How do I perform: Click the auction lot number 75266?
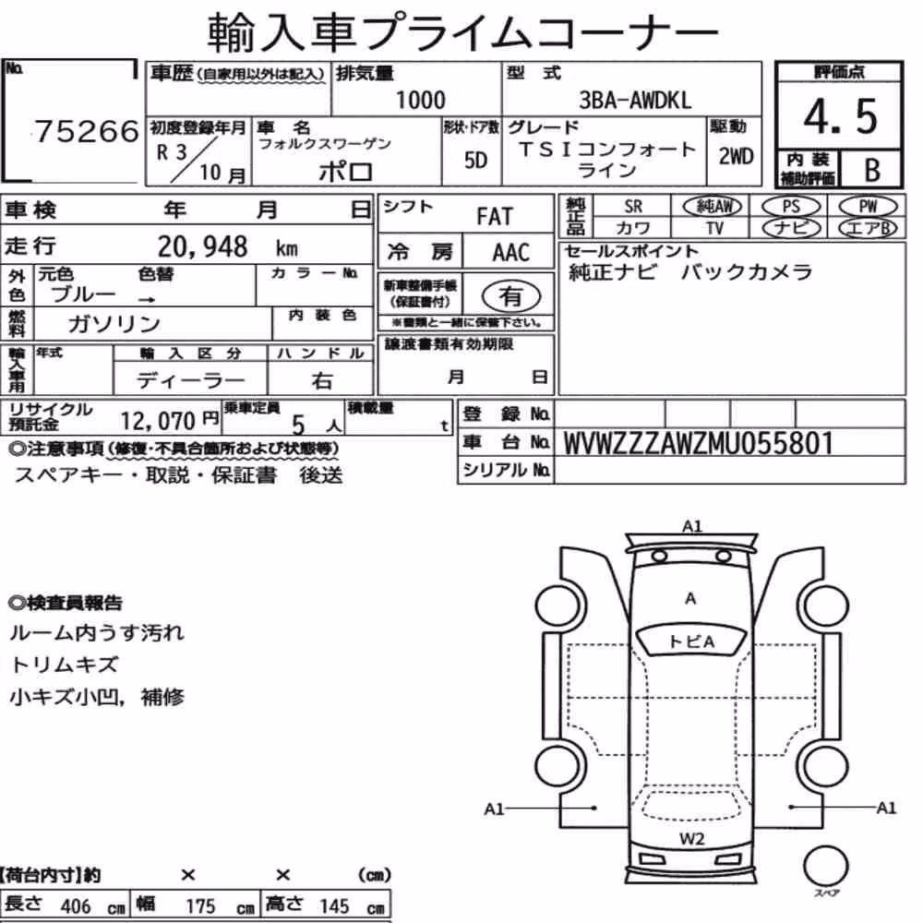[x=87, y=131]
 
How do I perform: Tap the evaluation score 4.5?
[x=840, y=116]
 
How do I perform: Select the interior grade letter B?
[x=872, y=170]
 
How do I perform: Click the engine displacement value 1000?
[x=420, y=100]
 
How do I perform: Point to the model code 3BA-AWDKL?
[x=635, y=100]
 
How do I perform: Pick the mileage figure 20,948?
[x=202, y=246]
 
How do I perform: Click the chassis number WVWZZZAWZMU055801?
[x=699, y=443]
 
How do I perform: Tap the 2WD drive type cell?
[x=736, y=156]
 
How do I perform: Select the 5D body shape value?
[x=475, y=160]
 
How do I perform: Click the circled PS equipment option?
[x=791, y=207]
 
